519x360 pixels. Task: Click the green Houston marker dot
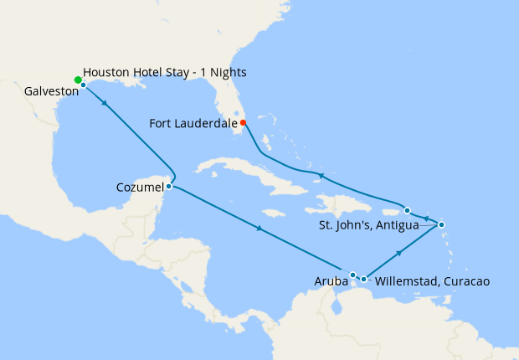78,80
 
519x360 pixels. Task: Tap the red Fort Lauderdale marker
243,123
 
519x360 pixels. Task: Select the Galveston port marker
83,85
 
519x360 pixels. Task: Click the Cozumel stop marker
169,186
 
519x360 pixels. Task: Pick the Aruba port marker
353,275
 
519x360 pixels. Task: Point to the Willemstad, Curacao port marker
363,279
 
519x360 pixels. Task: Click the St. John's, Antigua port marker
441,224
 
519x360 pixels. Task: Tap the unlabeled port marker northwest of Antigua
407,210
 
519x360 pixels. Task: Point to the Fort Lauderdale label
193,124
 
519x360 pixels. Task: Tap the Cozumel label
139,187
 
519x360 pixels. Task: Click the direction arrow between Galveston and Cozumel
104,103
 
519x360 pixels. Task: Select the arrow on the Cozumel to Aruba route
260,228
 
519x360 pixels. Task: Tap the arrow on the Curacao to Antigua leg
400,252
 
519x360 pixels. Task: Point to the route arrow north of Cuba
316,174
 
